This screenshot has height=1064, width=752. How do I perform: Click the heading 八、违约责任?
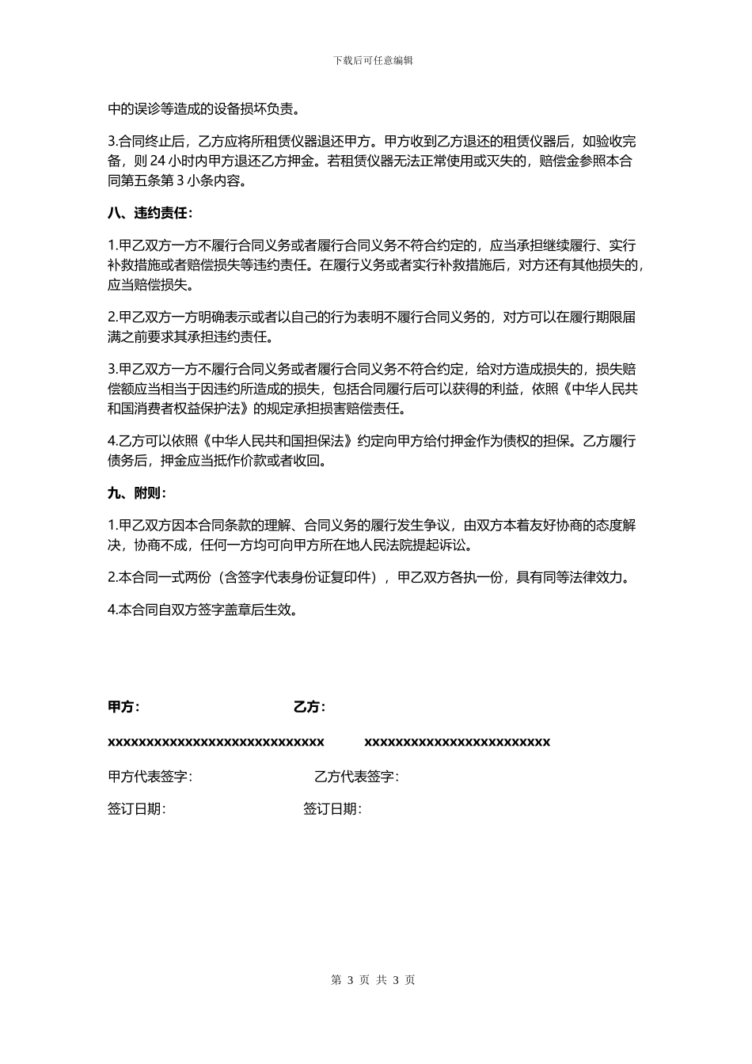(150, 213)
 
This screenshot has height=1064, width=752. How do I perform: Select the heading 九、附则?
(137, 493)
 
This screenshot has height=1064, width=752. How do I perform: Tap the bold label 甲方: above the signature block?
(123, 707)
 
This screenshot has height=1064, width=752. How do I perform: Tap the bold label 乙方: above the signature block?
(310, 707)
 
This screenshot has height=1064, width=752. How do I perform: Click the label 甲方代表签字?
(150, 777)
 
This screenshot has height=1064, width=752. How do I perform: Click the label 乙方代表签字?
(356, 777)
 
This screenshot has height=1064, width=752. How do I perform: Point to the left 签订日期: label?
(137, 809)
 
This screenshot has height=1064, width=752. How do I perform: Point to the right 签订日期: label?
(332, 809)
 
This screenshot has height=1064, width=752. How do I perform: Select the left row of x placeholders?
(216, 742)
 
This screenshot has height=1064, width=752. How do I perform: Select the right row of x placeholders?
(457, 742)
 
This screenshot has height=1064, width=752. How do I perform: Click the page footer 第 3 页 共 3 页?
(374, 980)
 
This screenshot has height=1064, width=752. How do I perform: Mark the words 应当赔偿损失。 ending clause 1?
(150, 285)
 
